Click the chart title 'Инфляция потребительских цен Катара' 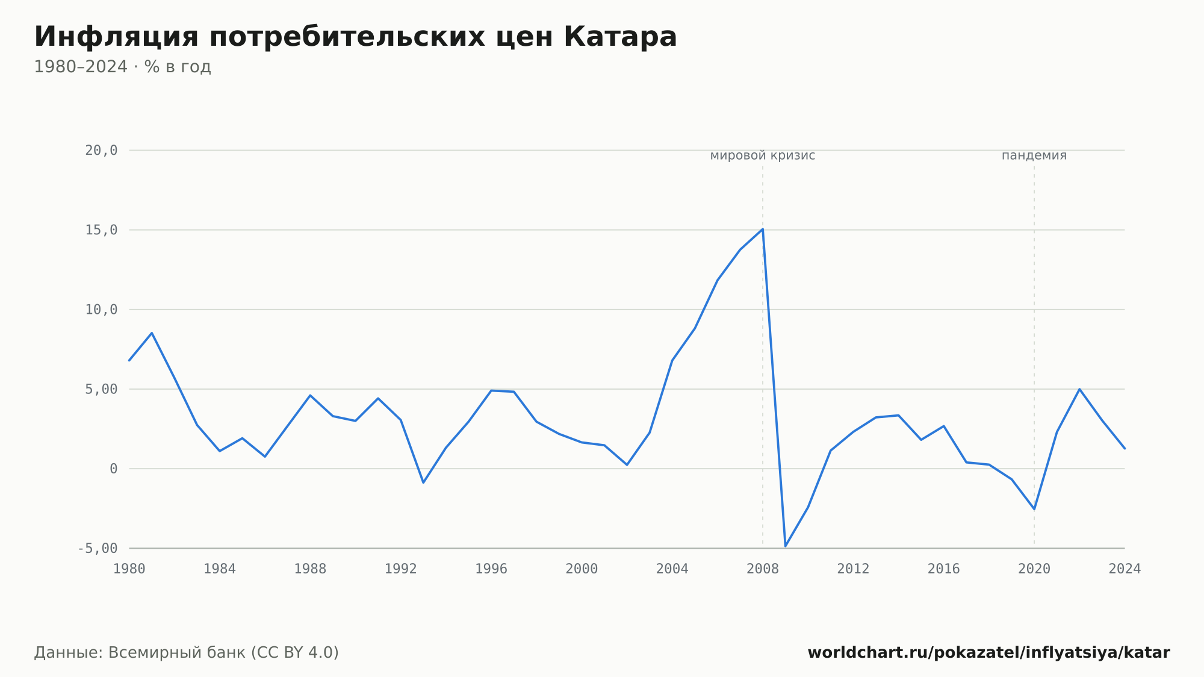point(355,37)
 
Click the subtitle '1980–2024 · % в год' point(122,67)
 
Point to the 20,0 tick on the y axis point(101,151)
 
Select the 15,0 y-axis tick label point(101,230)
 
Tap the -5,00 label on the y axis point(98,548)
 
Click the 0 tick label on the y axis point(114,469)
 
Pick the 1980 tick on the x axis point(129,569)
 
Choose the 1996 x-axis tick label point(491,569)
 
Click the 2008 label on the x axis point(763,569)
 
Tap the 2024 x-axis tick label point(1125,569)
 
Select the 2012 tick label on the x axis point(853,569)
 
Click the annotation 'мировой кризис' point(763,156)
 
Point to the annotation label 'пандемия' point(1034,156)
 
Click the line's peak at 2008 point(763,229)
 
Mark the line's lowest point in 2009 point(786,546)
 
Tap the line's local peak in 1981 point(152,333)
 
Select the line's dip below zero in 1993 point(423,482)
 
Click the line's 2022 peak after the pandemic point(1079,389)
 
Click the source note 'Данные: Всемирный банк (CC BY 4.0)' point(187,653)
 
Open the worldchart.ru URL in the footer point(988,653)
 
